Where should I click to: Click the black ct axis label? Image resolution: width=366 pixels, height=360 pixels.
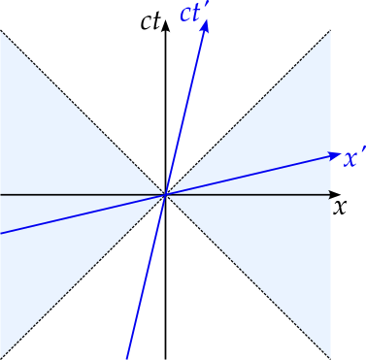click(149, 22)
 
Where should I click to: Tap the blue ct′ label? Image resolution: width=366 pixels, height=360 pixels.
click(192, 14)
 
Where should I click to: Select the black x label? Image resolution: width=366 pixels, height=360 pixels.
click(340, 207)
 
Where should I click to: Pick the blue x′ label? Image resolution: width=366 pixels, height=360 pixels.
click(354, 157)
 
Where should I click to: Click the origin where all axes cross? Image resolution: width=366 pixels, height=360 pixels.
click(166, 195)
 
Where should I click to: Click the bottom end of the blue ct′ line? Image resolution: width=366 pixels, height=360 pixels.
click(127, 358)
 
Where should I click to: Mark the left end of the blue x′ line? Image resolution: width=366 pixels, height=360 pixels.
click(2, 233)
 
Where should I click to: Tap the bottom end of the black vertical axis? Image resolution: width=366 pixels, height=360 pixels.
click(166, 358)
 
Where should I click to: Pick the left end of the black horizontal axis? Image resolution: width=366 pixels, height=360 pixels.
click(2, 195)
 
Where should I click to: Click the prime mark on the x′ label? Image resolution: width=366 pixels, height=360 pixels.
click(363, 150)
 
